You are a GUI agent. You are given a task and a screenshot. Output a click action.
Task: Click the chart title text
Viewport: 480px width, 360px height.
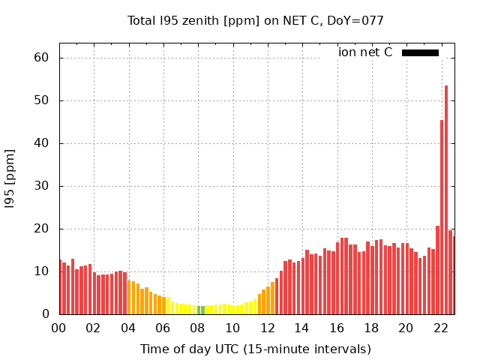point(256,21)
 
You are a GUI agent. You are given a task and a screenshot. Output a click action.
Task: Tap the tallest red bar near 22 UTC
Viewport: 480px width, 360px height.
point(446,199)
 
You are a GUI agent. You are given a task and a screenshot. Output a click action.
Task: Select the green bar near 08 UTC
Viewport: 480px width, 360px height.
point(201,310)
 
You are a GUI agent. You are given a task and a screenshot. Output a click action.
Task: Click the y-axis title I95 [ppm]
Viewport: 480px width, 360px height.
point(10,178)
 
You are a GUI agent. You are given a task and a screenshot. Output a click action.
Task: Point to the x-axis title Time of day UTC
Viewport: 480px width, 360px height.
point(256,349)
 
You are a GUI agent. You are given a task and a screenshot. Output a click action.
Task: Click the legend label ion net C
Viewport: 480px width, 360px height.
point(365,52)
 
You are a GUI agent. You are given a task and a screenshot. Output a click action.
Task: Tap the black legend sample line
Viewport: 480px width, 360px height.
point(420,52)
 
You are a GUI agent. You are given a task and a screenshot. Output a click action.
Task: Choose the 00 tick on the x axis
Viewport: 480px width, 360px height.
point(58,328)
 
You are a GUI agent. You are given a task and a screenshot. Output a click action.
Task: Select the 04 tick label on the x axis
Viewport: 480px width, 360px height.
point(128,328)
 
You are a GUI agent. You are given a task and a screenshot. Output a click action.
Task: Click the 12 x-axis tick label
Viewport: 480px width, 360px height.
point(267,328)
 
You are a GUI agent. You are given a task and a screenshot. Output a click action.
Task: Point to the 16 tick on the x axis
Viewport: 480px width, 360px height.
point(337,328)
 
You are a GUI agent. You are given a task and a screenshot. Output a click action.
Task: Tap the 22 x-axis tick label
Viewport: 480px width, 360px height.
point(441,328)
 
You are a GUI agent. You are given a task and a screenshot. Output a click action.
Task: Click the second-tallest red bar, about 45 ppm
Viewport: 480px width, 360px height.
point(442,217)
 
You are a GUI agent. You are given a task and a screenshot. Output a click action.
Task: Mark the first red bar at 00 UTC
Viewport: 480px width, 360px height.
point(60,287)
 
